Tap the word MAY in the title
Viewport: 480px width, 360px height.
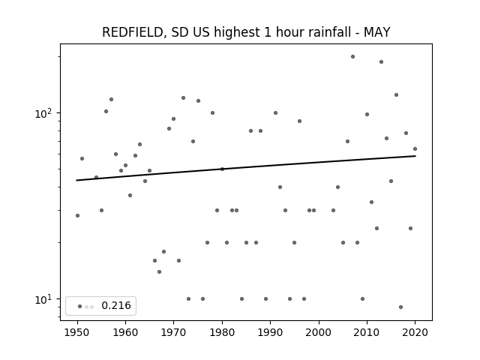[x=376, y=32]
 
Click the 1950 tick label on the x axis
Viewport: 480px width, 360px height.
[x=77, y=332]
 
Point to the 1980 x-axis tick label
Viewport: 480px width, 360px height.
[x=222, y=332]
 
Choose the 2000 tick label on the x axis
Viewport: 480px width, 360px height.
[x=319, y=332]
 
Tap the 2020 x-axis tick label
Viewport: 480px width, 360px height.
[x=415, y=332]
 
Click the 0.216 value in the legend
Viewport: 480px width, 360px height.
[x=116, y=305]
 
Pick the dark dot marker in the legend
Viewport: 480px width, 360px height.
[x=80, y=307]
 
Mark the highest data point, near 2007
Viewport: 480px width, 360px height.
[x=352, y=57]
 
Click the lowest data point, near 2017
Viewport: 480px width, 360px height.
[x=400, y=307]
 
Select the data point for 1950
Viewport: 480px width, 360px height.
[x=77, y=215]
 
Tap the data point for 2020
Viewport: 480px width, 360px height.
[x=415, y=148]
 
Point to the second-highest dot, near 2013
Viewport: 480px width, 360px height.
[x=381, y=61]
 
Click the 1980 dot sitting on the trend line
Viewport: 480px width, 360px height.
[x=222, y=169]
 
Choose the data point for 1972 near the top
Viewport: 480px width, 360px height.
[x=183, y=98]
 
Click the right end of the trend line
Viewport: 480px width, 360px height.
[x=415, y=156]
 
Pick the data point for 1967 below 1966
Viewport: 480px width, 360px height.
[x=159, y=271]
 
